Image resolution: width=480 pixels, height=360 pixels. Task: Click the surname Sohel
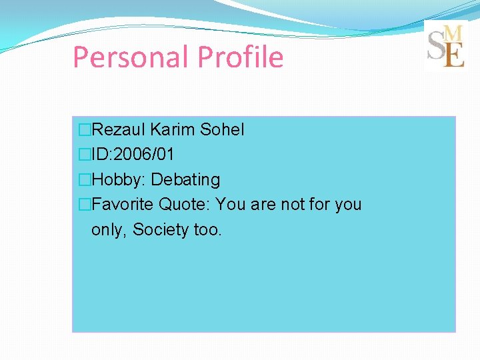click(x=222, y=129)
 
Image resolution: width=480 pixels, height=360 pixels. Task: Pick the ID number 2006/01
click(x=145, y=155)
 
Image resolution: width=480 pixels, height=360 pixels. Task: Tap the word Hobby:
click(x=119, y=180)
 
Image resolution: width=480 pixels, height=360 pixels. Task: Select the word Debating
click(x=186, y=180)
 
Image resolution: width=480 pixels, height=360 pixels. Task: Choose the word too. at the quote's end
click(x=207, y=230)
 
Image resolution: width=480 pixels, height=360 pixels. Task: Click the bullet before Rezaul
click(x=85, y=129)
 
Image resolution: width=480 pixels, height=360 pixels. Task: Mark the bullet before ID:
click(x=85, y=155)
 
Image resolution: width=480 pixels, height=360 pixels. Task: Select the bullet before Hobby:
click(x=85, y=180)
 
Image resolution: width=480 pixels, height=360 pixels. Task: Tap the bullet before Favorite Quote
click(x=85, y=205)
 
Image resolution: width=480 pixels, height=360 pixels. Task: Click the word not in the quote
click(x=292, y=205)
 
